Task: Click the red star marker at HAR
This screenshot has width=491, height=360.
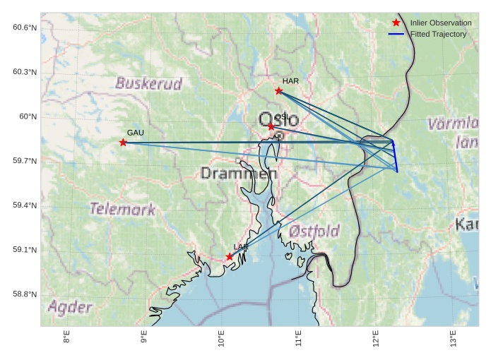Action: coord(278,90)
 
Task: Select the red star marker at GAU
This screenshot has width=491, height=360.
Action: coord(123,143)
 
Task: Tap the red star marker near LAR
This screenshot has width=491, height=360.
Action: coord(230,257)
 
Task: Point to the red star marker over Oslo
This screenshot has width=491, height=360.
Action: coord(271,126)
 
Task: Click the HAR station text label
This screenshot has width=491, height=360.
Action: coord(290,81)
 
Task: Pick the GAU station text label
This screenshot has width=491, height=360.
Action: coord(135,133)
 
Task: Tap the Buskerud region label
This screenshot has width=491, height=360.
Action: coord(149,83)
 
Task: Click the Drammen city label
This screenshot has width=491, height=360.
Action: coord(239,173)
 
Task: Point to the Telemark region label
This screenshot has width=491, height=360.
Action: coord(122,209)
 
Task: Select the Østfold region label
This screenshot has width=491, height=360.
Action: coord(314,231)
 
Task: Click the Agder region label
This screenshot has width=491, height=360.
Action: coord(70,307)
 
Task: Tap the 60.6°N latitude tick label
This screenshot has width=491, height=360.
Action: coord(24,28)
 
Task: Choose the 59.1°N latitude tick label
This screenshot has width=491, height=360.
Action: coord(24,250)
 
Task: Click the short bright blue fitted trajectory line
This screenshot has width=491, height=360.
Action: coord(395,157)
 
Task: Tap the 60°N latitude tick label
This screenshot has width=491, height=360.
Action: coord(27,116)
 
